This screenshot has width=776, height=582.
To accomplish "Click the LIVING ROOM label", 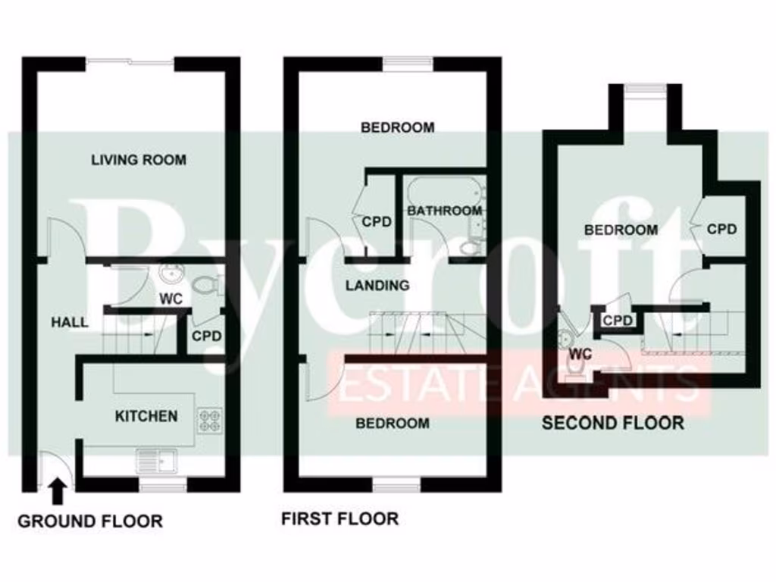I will click(139, 160).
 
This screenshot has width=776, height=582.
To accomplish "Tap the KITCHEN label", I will click(146, 416).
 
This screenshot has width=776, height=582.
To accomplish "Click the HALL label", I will click(69, 322).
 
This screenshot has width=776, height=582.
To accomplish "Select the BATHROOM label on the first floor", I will click(444, 211).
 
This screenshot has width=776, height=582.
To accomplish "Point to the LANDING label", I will click(377, 286).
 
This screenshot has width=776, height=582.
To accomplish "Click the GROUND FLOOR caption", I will click(89, 521).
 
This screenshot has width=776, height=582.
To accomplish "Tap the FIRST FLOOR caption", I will click(339, 519).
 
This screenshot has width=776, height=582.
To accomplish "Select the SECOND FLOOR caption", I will click(612, 423).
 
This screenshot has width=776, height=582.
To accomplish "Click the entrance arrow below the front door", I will click(56, 492).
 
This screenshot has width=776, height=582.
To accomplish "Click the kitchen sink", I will click(156, 458).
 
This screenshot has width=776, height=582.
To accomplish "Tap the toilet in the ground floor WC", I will click(204, 286).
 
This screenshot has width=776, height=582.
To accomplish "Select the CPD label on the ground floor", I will click(206, 335).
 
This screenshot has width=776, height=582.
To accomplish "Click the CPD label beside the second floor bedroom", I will click(721, 229).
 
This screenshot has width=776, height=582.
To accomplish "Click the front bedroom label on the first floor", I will click(393, 423).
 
